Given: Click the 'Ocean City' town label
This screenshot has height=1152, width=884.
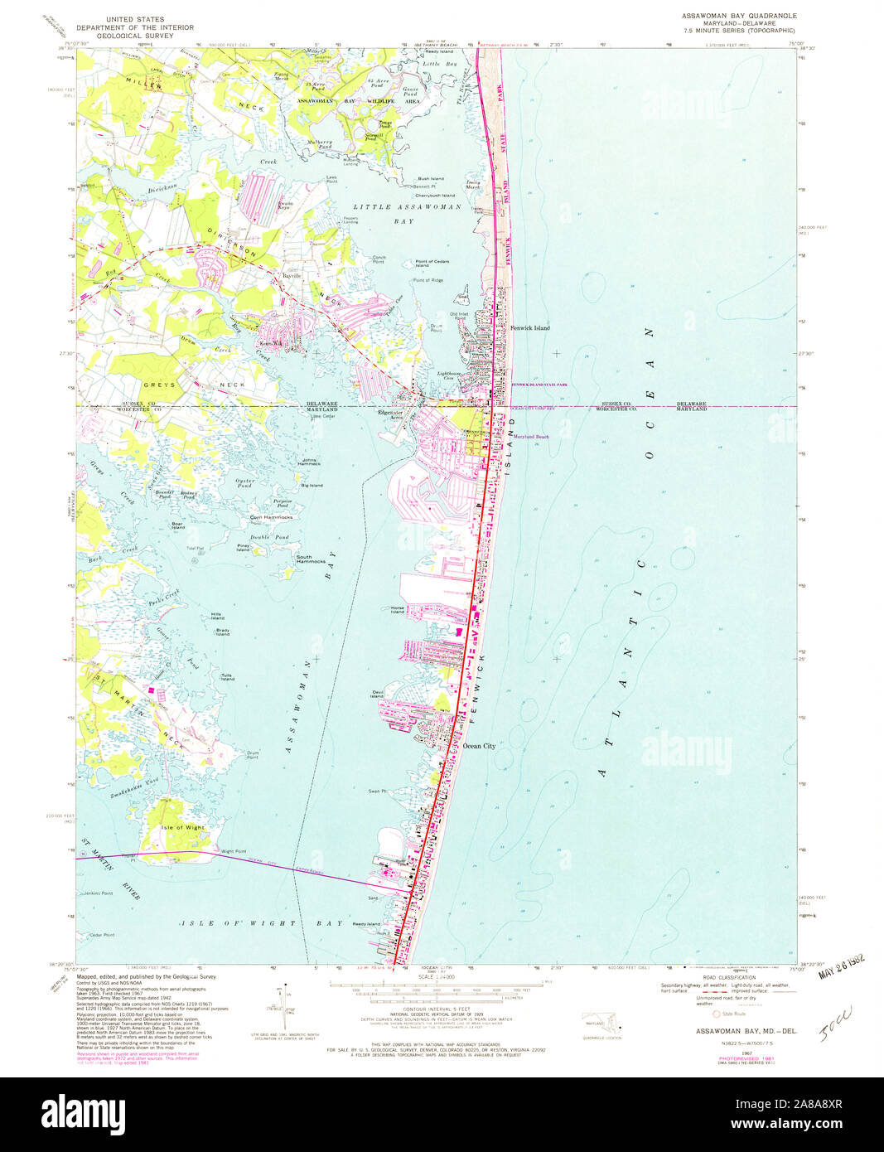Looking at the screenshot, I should tap(479, 746).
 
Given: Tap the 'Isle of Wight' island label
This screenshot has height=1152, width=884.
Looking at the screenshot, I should tap(182, 827).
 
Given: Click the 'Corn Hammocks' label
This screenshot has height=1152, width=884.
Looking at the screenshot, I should tap(272, 517).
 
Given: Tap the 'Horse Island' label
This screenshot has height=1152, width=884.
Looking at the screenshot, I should tap(398, 610).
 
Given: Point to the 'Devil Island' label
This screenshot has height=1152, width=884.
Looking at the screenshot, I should tap(378, 695).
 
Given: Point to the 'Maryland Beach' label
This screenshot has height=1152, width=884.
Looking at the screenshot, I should tap(531, 437).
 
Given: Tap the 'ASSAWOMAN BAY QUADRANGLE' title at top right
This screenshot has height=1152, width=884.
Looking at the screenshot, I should tap(739, 16).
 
